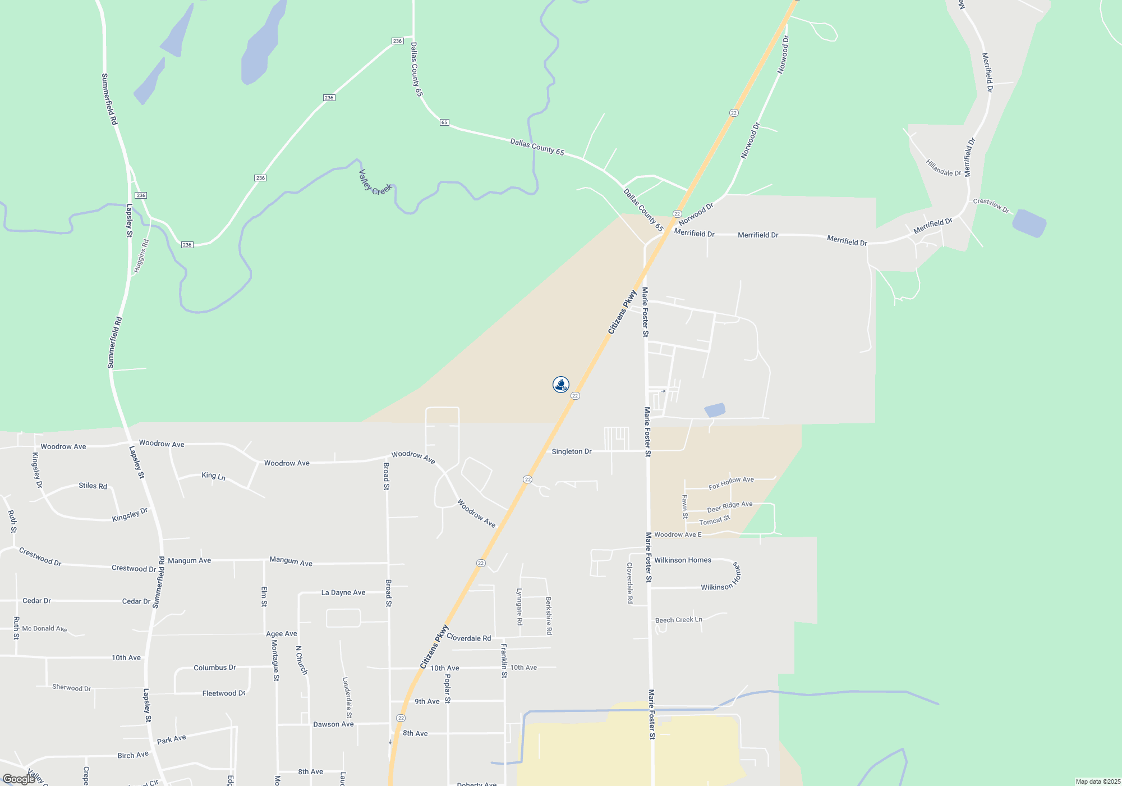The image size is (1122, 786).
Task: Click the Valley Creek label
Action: (375, 182)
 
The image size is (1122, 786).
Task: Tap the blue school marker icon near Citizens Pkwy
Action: (561, 385)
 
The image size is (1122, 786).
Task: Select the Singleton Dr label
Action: (571, 451)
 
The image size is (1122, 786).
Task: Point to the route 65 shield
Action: (444, 122)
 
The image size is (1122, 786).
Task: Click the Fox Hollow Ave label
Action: (731, 483)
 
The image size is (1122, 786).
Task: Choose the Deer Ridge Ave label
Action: (729, 508)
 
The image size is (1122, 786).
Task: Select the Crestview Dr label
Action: (991, 205)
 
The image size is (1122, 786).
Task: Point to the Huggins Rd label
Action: (141, 257)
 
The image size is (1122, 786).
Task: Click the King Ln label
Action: (213, 476)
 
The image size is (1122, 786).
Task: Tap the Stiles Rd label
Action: (93, 486)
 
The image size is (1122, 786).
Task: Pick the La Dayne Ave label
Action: (343, 592)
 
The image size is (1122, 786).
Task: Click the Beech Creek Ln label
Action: (678, 620)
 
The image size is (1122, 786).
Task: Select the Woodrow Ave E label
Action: (678, 534)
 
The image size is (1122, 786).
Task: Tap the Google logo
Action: (19, 779)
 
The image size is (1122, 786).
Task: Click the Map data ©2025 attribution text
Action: (1097, 782)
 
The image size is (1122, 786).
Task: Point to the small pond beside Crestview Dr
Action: (1029, 223)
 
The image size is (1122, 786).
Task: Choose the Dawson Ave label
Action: (333, 724)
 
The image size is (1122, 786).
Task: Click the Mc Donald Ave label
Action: (44, 629)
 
